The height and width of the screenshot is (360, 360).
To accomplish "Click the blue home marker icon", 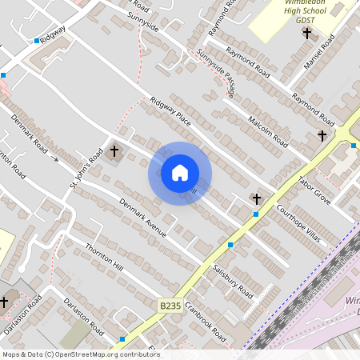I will click(x=179, y=173).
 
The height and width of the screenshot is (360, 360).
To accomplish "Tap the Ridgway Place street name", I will click(x=170, y=111).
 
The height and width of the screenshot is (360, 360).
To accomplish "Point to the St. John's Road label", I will click(x=86, y=170).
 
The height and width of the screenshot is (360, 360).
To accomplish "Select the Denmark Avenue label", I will click(x=142, y=217).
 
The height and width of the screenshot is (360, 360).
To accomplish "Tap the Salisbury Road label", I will click(x=233, y=278).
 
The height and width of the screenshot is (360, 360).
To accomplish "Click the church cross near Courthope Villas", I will click(x=257, y=198).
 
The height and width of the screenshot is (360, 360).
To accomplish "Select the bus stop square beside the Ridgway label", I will click(x=37, y=40).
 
